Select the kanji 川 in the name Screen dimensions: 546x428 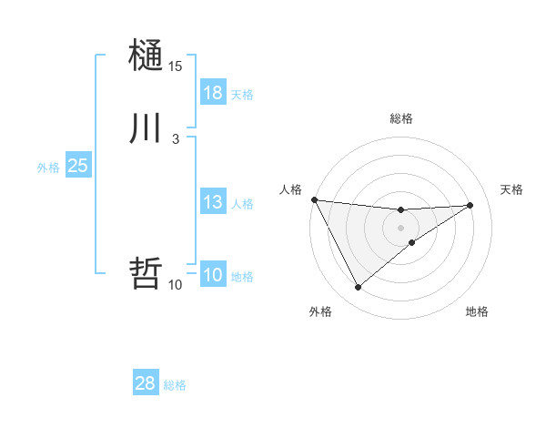[x=146, y=128]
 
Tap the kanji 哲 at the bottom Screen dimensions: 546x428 [x=146, y=273]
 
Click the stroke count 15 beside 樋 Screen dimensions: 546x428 [x=176, y=66]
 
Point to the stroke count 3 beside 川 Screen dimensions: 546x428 [x=175, y=138]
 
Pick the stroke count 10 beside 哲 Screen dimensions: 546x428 [x=176, y=285]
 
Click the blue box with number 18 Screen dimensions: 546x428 [x=212, y=93]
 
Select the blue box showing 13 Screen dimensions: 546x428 [x=212, y=202]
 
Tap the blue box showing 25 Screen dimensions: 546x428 [x=77, y=166]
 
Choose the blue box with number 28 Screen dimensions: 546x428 [x=145, y=383]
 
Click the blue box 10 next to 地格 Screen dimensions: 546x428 [x=212, y=275]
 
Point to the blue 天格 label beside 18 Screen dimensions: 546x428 [x=242, y=95]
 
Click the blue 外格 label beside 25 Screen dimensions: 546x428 [x=48, y=168]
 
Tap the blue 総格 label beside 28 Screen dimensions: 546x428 [x=175, y=385]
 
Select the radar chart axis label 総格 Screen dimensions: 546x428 [x=401, y=118]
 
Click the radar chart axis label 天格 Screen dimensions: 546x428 [x=512, y=189]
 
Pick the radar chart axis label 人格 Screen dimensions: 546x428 [x=290, y=189]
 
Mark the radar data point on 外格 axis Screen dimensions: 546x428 [x=358, y=288]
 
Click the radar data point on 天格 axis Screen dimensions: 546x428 [x=470, y=205]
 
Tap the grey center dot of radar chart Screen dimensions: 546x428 [x=401, y=228]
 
